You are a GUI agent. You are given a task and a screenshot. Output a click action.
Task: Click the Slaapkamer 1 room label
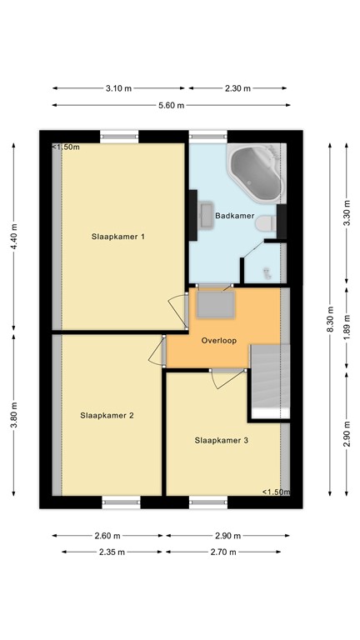pos(118,237)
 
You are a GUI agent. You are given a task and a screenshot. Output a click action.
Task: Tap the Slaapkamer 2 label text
pos(107,415)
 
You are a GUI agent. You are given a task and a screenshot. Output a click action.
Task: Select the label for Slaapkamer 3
pos(222,440)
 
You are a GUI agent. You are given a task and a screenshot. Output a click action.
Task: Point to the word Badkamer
pos(234,216)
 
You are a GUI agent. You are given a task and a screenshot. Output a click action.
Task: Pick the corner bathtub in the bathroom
pos(256,173)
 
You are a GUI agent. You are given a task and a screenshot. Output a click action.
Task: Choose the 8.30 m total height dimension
pos(330,317)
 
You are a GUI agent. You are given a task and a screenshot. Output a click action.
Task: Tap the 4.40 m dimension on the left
pos(14,237)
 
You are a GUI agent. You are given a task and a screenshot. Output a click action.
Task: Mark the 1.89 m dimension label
pos(347,329)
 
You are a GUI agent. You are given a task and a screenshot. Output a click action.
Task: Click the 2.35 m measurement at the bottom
pos(107,552)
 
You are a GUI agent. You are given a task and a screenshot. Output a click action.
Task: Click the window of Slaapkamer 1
pos(119,136)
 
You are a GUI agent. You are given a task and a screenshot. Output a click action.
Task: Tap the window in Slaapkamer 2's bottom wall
pos(119,501)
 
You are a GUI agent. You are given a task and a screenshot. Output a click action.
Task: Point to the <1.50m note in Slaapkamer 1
pos(67,147)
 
